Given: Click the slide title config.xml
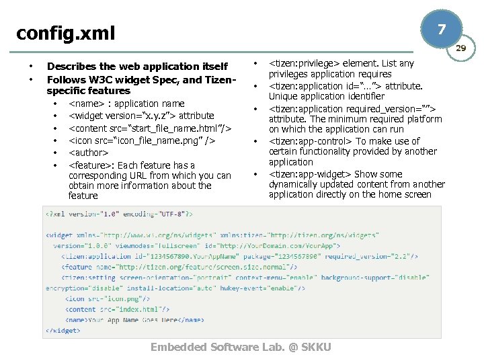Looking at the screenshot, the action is (x=66, y=32).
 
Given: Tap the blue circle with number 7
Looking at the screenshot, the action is (x=441, y=30).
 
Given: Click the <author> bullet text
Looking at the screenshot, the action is (x=89, y=153).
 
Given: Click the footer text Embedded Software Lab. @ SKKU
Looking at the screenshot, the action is (x=241, y=347).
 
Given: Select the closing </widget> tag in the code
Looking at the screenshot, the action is (x=63, y=330).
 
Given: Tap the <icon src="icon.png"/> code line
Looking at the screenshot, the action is (x=108, y=298).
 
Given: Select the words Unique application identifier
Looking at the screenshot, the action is (x=327, y=96).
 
